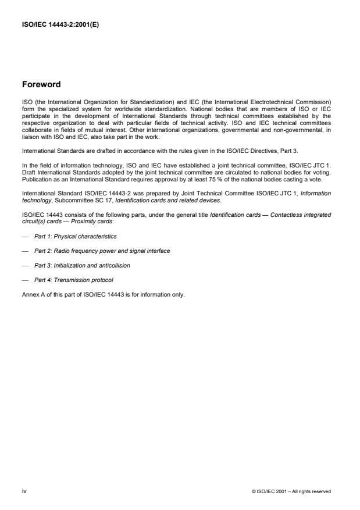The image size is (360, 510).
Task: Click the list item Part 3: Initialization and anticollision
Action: click(x=82, y=265)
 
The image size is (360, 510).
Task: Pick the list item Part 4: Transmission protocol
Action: click(x=73, y=280)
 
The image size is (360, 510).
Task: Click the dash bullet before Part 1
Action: click(x=24, y=236)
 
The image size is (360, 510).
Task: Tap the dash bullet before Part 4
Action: click(x=24, y=280)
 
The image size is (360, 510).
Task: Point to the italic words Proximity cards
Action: click(x=73, y=222)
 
